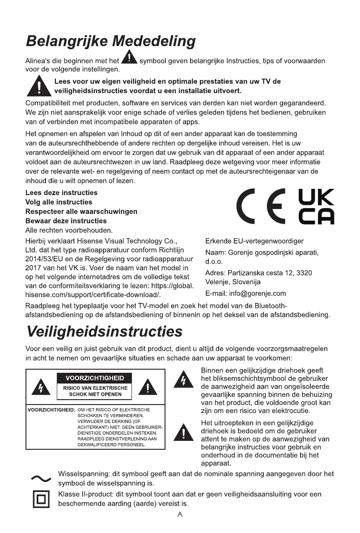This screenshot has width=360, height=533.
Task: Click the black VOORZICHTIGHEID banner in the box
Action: (x=95, y=379)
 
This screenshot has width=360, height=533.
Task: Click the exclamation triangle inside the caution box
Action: (x=147, y=387)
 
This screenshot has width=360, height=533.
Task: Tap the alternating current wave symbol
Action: (x=41, y=478)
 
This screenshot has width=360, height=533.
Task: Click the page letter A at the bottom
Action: (x=180, y=514)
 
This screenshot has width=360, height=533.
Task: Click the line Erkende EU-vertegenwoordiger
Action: (x=254, y=241)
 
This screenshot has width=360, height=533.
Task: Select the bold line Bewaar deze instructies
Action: (x=66, y=221)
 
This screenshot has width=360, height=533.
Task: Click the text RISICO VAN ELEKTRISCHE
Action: (x=95, y=388)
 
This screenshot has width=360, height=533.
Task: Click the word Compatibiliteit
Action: (x=49, y=103)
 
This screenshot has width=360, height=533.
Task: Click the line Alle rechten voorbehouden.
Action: (x=69, y=230)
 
